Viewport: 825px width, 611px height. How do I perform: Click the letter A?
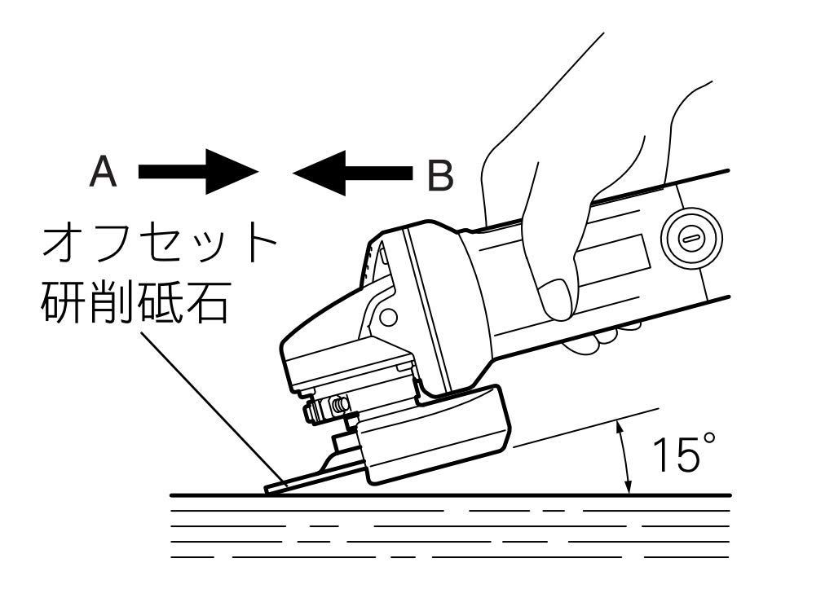[x=104, y=173]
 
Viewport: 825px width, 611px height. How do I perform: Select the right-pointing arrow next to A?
[x=198, y=172]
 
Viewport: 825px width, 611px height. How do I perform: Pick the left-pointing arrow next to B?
[x=352, y=173]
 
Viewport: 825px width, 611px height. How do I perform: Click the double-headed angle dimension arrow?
[x=624, y=457]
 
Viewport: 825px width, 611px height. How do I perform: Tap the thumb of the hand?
[x=556, y=297]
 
